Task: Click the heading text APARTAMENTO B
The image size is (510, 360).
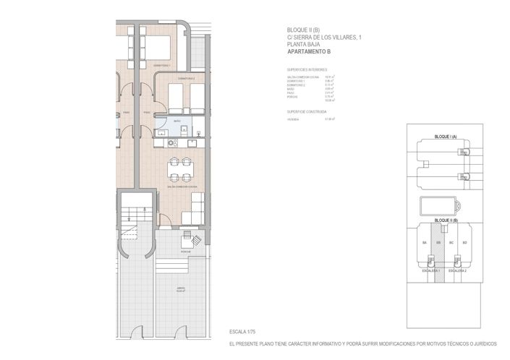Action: pyautogui.click(x=309, y=53)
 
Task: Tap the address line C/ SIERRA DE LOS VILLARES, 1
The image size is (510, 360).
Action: pyautogui.click(x=320, y=38)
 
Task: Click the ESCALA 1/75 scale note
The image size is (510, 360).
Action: pyautogui.click(x=244, y=331)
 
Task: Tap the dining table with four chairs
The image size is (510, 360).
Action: pyautogui.click(x=180, y=171)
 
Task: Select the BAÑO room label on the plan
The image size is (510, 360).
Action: pyautogui.click(x=177, y=121)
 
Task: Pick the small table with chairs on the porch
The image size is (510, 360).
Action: pyautogui.click(x=192, y=237)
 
